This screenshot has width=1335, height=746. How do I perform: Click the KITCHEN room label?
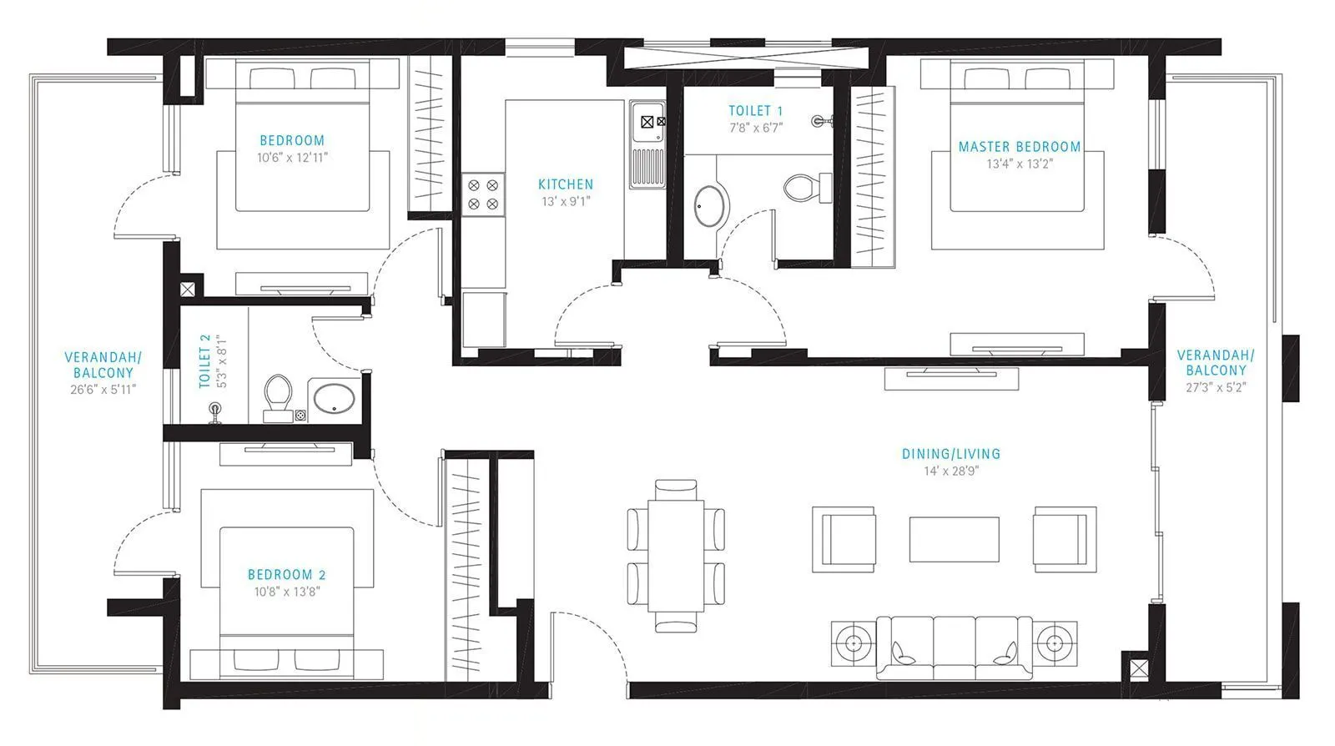click(565, 184)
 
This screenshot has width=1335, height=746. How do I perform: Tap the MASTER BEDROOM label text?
click(1019, 147)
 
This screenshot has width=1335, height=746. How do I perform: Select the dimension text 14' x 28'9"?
click(950, 471)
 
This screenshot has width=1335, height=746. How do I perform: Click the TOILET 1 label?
click(755, 111)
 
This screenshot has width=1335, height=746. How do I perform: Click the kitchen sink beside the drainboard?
click(647, 122)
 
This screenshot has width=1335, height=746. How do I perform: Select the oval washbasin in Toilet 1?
click(711, 204)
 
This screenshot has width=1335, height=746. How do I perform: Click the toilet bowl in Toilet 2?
click(277, 392)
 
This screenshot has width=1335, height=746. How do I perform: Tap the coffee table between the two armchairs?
click(954, 540)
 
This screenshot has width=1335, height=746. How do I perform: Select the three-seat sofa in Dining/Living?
click(955, 646)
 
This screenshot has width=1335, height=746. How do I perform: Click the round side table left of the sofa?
click(854, 643)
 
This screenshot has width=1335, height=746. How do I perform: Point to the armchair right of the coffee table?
click(1064, 538)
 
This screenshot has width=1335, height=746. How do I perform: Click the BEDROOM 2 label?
click(286, 575)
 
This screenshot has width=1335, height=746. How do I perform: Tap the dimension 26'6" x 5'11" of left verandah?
click(103, 389)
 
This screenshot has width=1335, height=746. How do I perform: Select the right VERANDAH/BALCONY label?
click(1215, 362)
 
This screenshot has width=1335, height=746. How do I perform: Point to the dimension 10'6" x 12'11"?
click(291, 157)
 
